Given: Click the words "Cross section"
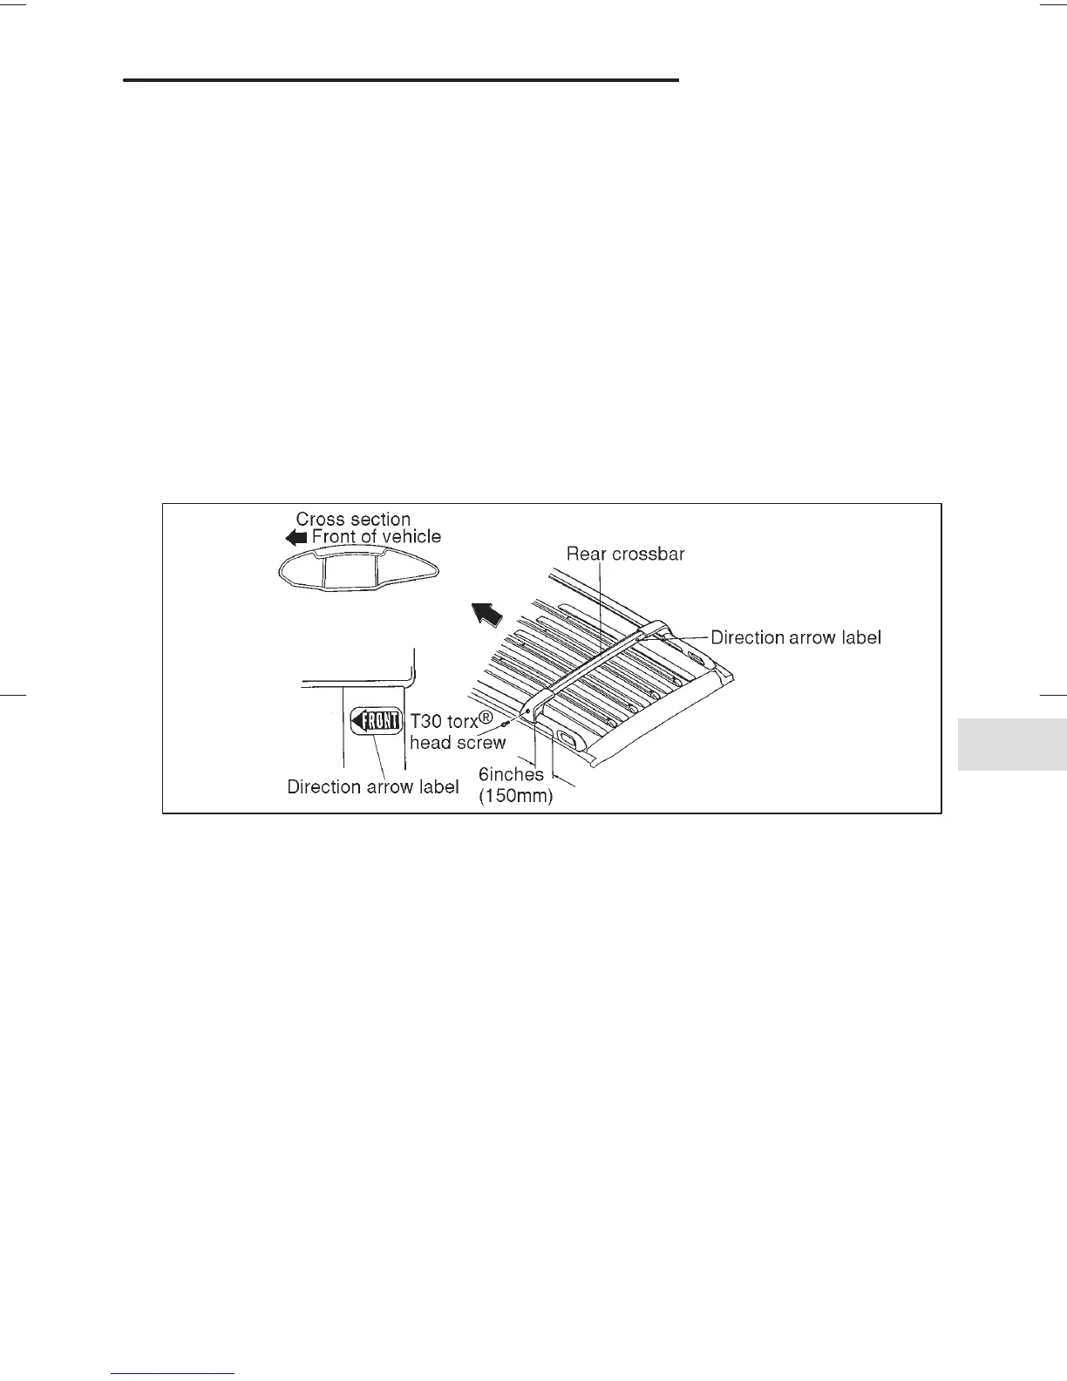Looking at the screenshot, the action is point(353,519).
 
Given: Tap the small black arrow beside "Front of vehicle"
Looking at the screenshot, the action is point(296,538).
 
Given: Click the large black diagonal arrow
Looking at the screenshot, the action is point(486,614).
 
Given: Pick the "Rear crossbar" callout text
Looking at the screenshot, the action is point(625,554).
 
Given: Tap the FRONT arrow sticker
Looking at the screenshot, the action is point(376,722).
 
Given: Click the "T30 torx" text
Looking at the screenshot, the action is point(445,722).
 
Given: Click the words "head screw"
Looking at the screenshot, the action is point(458,743).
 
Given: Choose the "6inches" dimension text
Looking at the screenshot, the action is point(511,774).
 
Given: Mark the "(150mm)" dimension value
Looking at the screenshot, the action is point(516,795).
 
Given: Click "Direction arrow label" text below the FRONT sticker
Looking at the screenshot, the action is point(373,787).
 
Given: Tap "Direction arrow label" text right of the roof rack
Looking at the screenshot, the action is point(796,637).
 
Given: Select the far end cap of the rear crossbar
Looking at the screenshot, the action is point(656,630).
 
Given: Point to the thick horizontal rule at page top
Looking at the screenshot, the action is point(400,80).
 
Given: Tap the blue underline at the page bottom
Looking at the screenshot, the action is point(173,1373).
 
